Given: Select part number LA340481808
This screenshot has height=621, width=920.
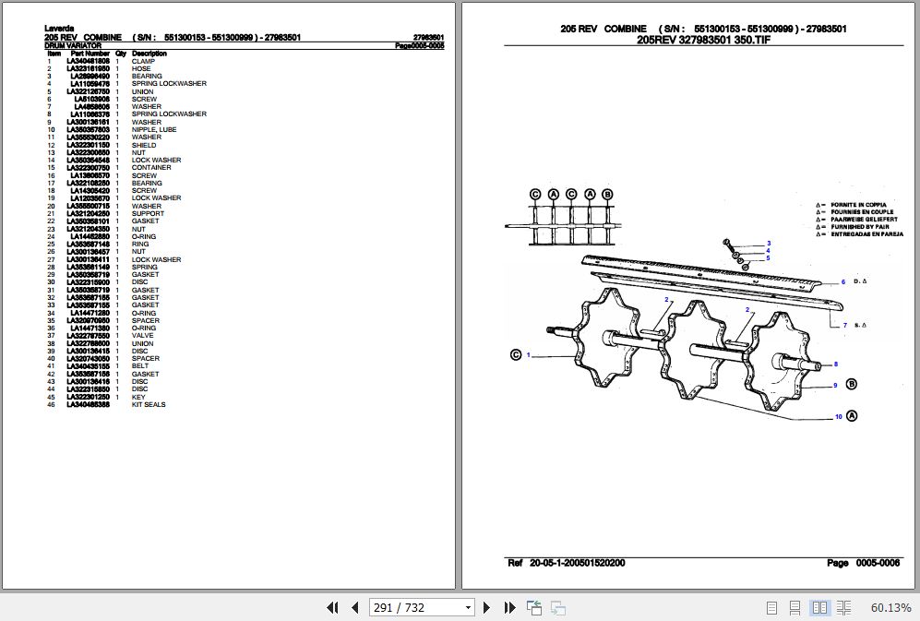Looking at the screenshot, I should [89, 61].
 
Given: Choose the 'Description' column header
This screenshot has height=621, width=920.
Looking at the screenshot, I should [149, 54].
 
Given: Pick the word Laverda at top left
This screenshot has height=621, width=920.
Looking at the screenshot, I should [58, 29].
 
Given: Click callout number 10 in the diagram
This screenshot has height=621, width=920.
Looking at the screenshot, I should [838, 417].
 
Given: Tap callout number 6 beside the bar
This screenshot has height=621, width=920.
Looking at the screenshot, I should [842, 282].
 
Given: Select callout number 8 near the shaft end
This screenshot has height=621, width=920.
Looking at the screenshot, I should [835, 364].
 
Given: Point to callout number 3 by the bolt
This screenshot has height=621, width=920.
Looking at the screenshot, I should [768, 244].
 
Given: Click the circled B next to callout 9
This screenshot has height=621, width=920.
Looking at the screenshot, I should [851, 385].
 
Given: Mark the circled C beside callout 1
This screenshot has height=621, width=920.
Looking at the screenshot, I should [515, 354].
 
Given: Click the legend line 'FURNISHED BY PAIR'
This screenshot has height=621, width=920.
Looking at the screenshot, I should [857, 226].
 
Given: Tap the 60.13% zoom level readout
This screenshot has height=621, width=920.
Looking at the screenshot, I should [890, 607].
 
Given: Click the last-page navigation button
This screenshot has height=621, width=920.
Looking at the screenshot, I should [509, 607].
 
